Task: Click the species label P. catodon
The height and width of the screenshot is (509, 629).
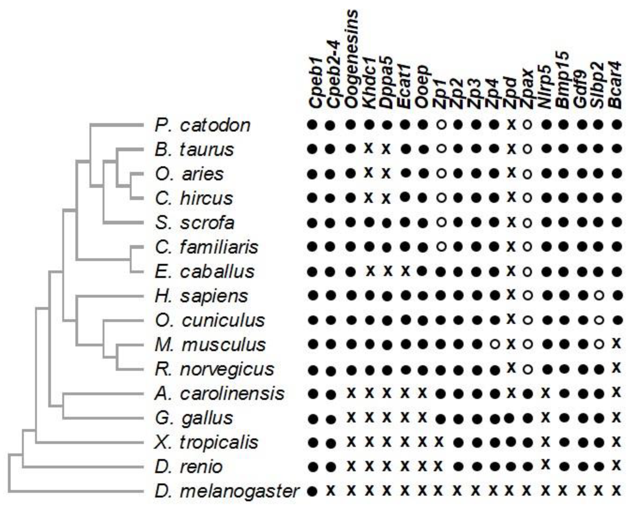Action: click(x=202, y=126)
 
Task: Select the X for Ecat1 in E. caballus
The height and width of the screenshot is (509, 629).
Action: click(x=405, y=271)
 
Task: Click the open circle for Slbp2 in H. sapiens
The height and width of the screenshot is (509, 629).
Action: click(x=599, y=296)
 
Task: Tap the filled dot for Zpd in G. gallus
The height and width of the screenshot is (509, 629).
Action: click(x=510, y=417)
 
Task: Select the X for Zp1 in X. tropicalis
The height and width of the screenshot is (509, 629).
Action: click(x=438, y=441)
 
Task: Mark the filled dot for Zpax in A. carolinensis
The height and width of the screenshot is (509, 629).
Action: click(x=528, y=394)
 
